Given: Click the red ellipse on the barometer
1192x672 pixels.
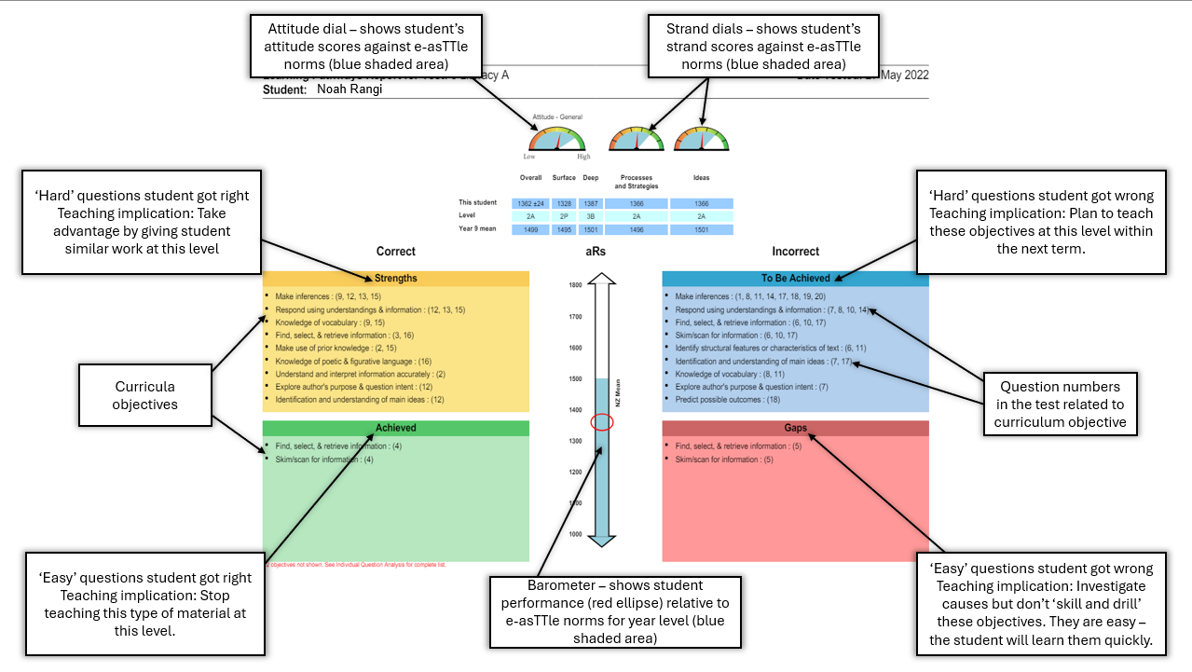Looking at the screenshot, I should tap(602, 421).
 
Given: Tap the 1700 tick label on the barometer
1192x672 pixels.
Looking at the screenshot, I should tap(575, 317).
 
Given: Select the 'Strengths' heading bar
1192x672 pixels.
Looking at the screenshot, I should tap(396, 278).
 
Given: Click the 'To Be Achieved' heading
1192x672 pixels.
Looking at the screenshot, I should tap(795, 278).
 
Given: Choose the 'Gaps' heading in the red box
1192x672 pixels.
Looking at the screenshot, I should tap(795, 428).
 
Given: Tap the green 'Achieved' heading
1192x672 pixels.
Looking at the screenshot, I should tap(396, 428).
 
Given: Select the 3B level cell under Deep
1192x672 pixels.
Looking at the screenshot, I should tap(591, 216).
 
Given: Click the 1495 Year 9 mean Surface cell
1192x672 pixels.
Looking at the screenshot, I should tap(564, 229).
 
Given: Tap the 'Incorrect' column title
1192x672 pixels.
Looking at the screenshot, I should tap(795, 251).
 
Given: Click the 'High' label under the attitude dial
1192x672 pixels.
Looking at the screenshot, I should tap(583, 157).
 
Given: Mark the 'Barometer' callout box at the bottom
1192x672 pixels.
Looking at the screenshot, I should tap(615, 610).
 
